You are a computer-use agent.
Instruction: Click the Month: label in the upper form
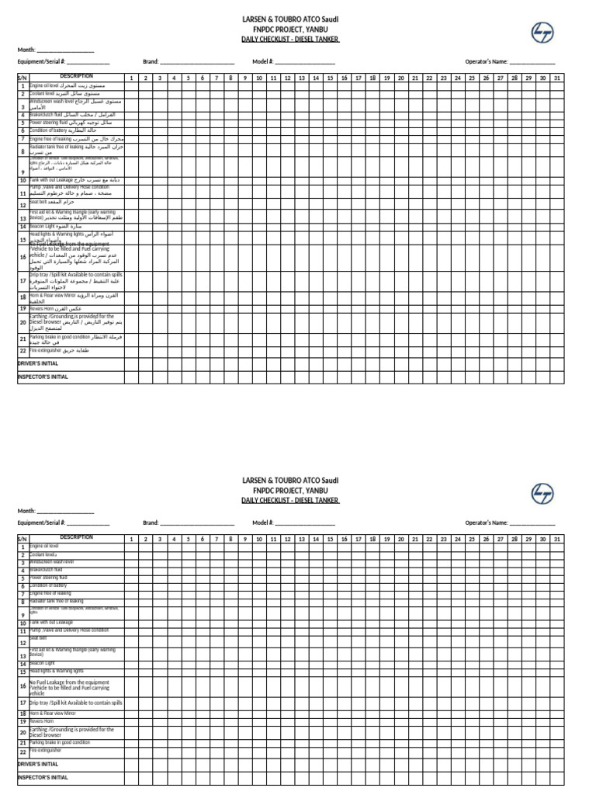tap(27, 50)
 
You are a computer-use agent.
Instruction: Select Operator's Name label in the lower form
tap(487, 523)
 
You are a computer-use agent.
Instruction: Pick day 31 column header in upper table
tap(557, 78)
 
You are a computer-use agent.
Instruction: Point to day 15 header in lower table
tap(329, 538)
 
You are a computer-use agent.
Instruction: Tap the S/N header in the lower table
tap(23, 538)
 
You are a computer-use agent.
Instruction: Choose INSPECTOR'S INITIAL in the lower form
tap(43, 777)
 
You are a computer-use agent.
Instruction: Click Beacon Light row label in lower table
tap(43, 664)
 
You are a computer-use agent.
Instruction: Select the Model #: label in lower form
tap(262, 523)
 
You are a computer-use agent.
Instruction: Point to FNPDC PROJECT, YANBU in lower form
tap(291, 491)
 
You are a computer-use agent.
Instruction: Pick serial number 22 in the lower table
tap(23, 752)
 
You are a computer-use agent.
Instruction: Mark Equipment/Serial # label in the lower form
tap(41, 523)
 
